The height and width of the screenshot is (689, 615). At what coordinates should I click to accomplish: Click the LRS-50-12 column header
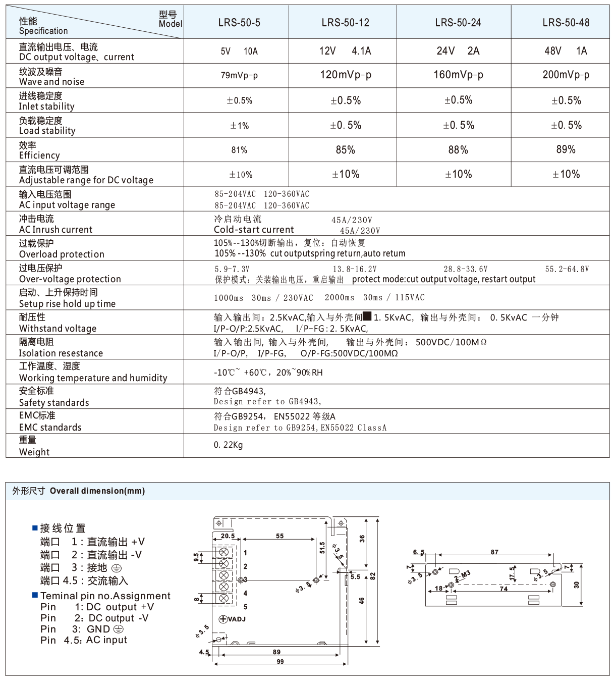tap(345, 23)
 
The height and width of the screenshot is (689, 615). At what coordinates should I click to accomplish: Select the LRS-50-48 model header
tap(566, 23)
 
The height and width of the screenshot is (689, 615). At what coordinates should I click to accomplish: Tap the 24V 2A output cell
tap(458, 51)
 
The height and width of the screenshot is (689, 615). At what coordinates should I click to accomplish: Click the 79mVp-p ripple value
tap(239, 76)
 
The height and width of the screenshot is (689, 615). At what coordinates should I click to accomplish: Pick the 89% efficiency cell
tap(566, 149)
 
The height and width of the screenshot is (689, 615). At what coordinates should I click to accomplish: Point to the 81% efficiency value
tap(239, 150)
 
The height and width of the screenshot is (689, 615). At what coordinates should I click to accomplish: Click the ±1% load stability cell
tap(239, 126)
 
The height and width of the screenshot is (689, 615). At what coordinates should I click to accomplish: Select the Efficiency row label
tap(39, 150)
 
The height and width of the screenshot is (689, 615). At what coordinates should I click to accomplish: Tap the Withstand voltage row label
tap(58, 323)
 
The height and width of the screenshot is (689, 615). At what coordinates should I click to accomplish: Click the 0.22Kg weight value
tap(228, 445)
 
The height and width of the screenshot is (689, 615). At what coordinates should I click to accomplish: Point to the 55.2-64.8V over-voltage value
tap(567, 269)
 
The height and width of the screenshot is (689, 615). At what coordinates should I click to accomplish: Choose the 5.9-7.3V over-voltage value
tap(232, 269)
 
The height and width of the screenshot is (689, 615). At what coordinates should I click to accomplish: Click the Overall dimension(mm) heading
tap(97, 491)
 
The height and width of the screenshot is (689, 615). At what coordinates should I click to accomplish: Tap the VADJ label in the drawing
tap(233, 619)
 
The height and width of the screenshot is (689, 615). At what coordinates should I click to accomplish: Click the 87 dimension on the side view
tap(494, 552)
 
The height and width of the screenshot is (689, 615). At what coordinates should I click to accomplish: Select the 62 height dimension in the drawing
tap(373, 576)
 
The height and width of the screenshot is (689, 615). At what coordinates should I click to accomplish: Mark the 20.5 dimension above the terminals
tap(228, 536)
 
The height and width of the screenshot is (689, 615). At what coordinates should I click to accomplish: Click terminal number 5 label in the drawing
tap(246, 606)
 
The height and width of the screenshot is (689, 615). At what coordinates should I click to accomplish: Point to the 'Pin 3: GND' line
tap(82, 629)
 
